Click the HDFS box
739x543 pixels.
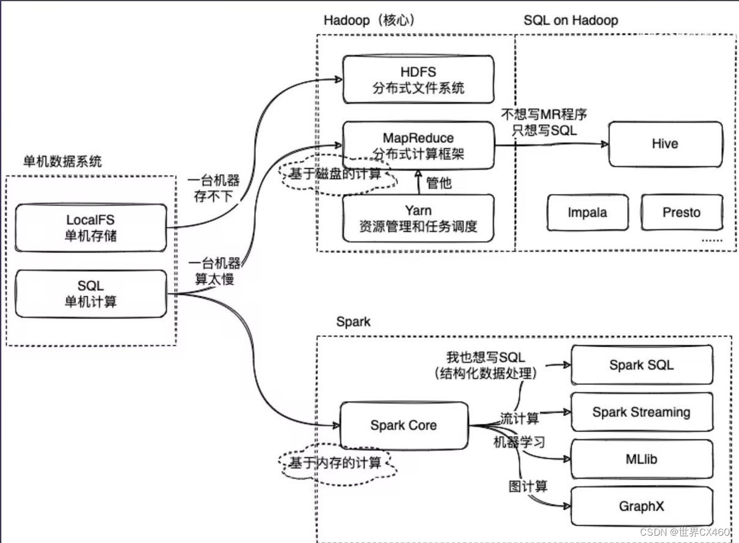click(x=418, y=80)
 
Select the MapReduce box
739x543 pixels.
click(x=418, y=145)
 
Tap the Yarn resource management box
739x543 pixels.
click(x=418, y=219)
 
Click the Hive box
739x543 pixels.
click(x=664, y=144)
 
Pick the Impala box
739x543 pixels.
click(x=588, y=213)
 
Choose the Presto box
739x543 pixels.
click(x=682, y=213)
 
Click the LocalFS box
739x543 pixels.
click(x=90, y=227)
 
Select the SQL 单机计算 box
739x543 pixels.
click(x=90, y=293)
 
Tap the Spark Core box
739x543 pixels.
click(x=403, y=425)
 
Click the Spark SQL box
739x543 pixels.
click(x=641, y=365)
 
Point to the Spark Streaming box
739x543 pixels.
click(x=641, y=412)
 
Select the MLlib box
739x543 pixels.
click(x=641, y=459)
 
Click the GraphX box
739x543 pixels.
click(x=641, y=506)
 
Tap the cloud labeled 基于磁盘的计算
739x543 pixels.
click(x=335, y=175)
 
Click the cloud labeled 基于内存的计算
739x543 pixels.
click(x=335, y=463)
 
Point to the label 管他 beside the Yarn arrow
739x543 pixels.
click(x=439, y=182)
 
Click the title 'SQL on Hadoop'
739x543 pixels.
click(x=570, y=20)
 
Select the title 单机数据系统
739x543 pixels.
click(x=62, y=162)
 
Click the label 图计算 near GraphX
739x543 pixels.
click(x=528, y=486)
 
